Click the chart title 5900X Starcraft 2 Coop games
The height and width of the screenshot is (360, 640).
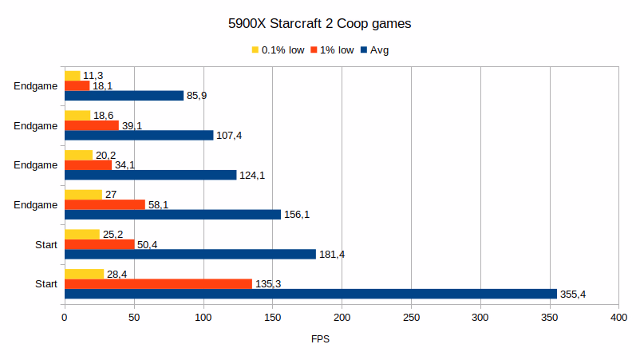319,24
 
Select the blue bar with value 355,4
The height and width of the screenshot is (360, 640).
310,294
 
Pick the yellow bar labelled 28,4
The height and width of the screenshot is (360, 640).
84,274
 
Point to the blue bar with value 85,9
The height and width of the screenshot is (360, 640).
124,96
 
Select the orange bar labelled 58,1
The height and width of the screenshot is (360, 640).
105,204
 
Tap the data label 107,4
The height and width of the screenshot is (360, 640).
229,136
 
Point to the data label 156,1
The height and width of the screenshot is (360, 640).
297,215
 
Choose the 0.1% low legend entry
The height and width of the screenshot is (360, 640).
279,50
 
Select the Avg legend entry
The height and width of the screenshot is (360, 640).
374,50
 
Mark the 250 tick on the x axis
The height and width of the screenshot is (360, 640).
411,318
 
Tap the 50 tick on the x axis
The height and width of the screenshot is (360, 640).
134,318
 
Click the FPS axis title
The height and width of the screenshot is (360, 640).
320,339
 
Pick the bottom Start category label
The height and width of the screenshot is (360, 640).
45,284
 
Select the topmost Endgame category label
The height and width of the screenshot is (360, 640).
36,86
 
